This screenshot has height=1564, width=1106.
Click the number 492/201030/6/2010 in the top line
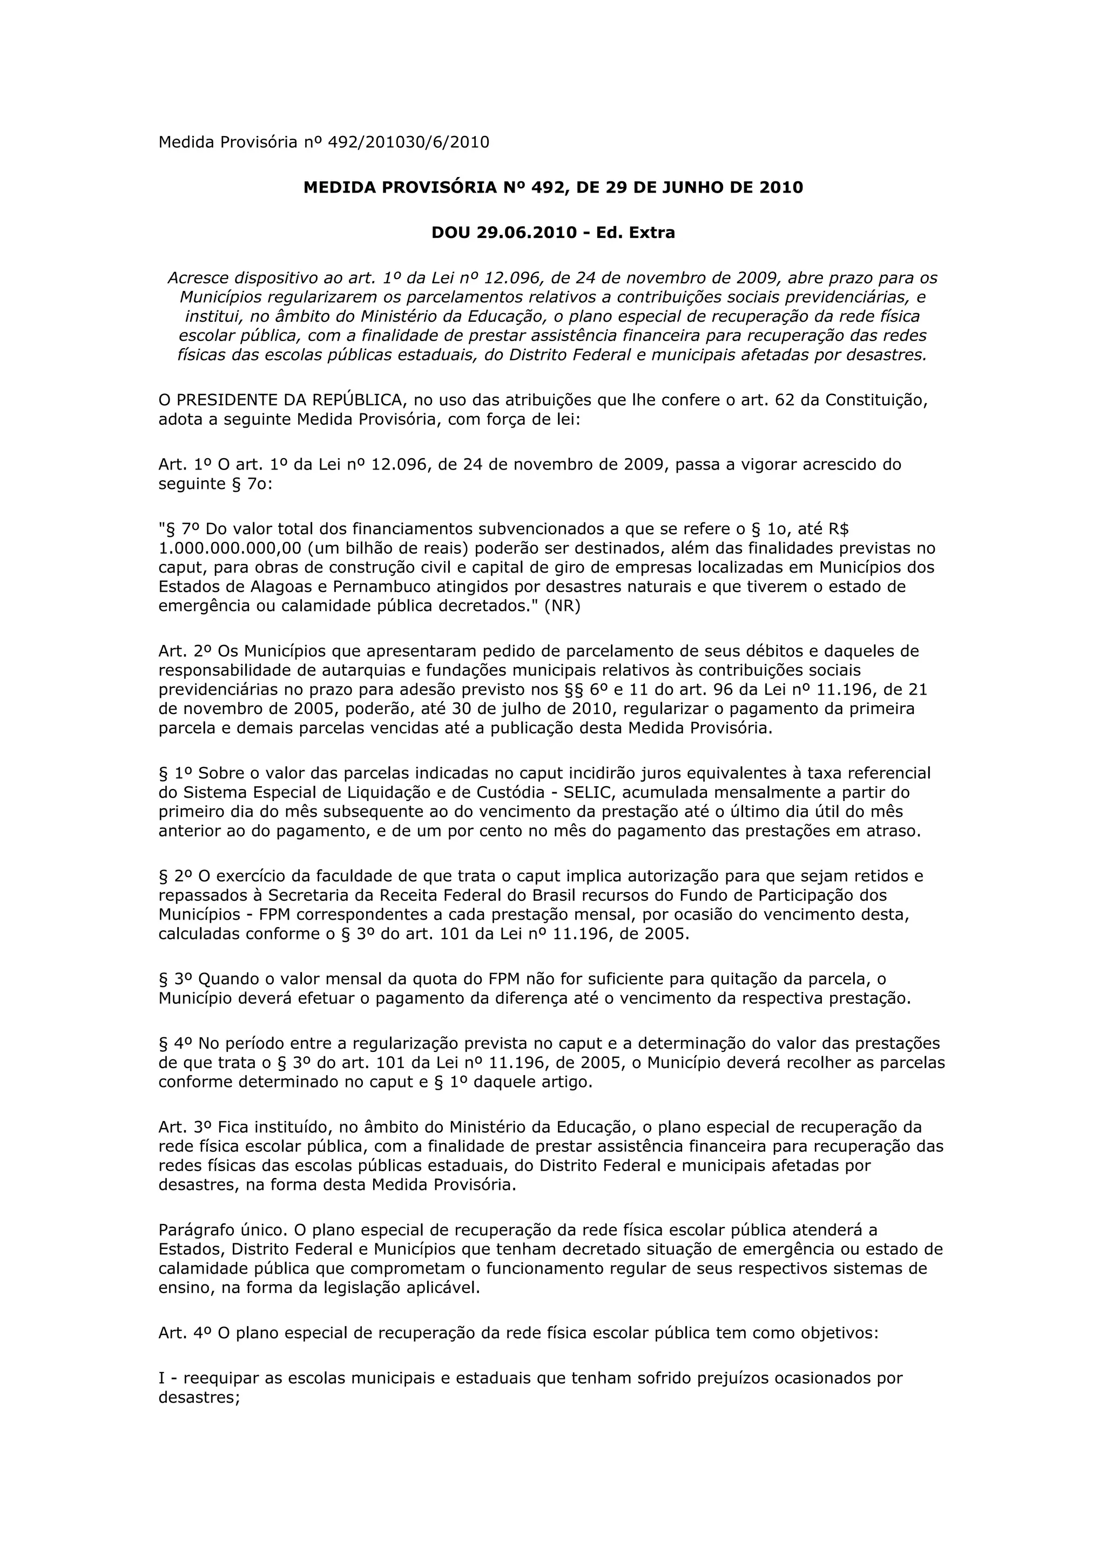tap(408, 142)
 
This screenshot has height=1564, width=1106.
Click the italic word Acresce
tap(197, 278)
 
